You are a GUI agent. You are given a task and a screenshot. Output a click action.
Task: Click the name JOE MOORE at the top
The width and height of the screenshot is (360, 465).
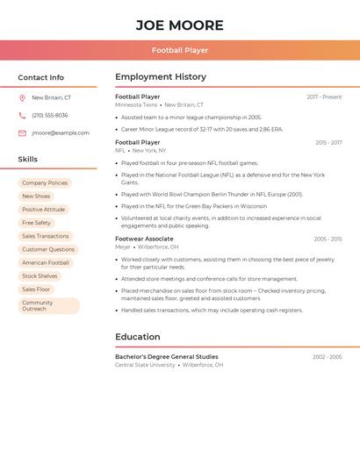click(180, 25)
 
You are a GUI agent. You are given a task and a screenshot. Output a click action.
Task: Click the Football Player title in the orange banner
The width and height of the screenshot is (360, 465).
click(180, 50)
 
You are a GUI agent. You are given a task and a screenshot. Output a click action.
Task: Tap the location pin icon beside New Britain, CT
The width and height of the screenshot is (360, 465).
click(22, 98)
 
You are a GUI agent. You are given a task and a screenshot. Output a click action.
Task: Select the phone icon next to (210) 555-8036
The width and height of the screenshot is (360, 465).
click(22, 116)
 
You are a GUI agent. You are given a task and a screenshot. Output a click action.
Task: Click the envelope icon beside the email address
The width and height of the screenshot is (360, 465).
click(22, 133)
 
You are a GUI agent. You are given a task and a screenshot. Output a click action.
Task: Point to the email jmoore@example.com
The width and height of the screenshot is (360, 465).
click(61, 133)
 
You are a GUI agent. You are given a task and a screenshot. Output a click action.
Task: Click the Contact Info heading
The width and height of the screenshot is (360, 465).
click(41, 78)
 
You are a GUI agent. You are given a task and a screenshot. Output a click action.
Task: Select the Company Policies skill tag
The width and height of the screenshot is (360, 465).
click(45, 183)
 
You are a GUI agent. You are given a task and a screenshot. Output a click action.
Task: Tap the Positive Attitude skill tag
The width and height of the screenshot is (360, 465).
click(44, 210)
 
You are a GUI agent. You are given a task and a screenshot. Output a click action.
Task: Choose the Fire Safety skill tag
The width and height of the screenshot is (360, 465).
click(37, 223)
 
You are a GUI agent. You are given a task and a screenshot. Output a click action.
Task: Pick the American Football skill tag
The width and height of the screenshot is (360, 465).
click(46, 263)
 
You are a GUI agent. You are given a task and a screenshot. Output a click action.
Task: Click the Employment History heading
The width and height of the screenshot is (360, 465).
click(161, 77)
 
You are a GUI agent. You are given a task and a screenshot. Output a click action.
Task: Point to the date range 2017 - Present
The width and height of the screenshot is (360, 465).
click(324, 97)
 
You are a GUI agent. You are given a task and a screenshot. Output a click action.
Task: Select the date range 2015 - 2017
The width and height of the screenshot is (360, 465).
click(328, 142)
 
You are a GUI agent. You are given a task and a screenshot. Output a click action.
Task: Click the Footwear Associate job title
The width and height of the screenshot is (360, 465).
click(144, 239)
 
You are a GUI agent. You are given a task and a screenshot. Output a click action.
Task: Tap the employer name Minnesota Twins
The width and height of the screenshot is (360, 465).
click(136, 105)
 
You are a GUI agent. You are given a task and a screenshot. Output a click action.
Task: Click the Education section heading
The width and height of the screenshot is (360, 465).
click(138, 337)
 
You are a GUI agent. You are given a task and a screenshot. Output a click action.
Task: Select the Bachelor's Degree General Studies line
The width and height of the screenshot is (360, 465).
click(167, 357)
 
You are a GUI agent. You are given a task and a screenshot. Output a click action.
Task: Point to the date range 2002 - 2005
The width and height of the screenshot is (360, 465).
click(328, 357)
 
